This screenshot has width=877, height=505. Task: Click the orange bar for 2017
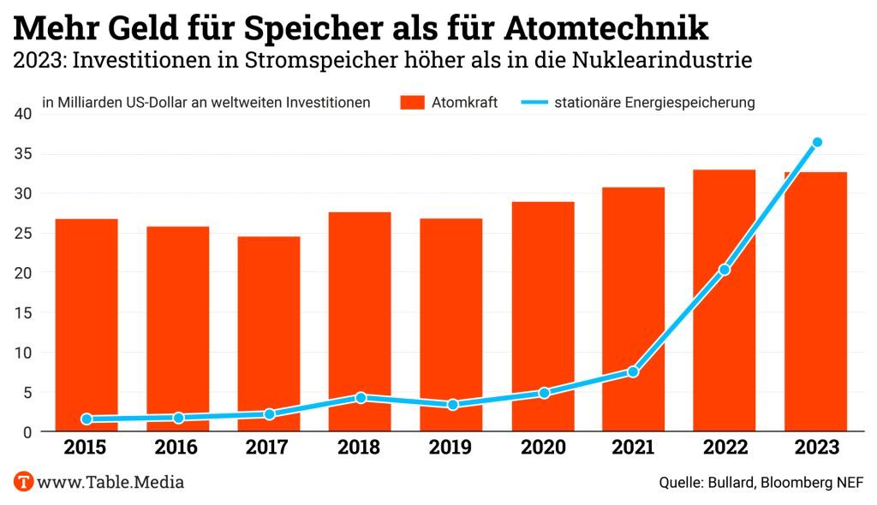tap(269, 334)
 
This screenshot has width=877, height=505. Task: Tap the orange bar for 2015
tap(87, 325)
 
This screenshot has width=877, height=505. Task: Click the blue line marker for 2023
tap(817, 142)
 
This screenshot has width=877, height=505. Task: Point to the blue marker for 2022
tap(725, 270)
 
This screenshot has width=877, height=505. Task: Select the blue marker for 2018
tap(361, 397)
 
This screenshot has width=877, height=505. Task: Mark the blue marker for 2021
tap(633, 371)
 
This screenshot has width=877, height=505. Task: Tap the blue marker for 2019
tap(452, 404)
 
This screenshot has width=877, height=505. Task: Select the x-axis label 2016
tap(177, 448)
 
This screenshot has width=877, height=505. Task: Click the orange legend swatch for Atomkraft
tap(412, 103)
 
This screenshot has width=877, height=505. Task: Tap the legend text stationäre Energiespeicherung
tap(654, 103)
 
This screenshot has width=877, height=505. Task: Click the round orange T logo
tap(23, 482)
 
